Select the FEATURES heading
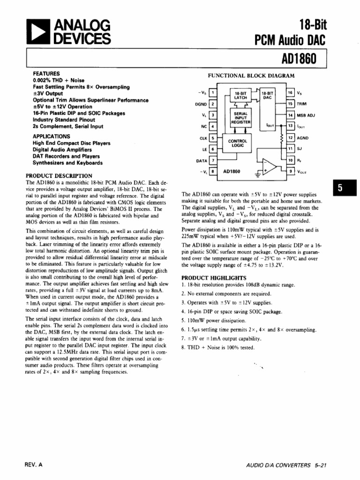(x=46, y=74)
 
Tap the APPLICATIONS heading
(x=52, y=136)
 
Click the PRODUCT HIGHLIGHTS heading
(x=214, y=277)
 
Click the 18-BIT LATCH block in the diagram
(x=240, y=95)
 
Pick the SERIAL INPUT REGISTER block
(x=241, y=118)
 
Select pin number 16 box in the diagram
(x=291, y=93)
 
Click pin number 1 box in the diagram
(x=213, y=93)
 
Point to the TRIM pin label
(x=302, y=104)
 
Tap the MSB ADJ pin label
(x=306, y=115)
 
